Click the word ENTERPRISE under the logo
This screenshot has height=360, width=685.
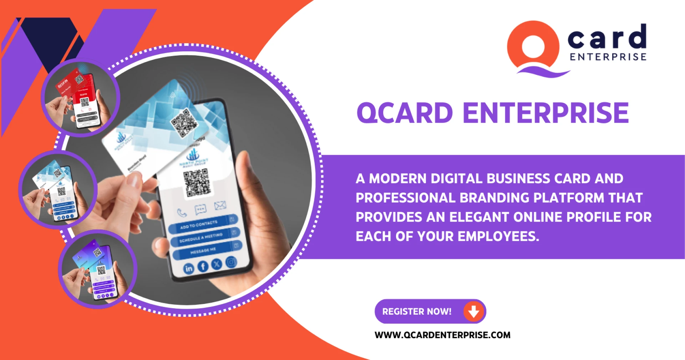tap(608, 57)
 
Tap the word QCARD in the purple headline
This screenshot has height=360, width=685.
tap(405, 113)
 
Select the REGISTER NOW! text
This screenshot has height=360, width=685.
tap(417, 311)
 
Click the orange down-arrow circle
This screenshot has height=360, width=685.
tap(473, 311)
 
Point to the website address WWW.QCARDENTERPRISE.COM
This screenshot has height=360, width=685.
tap(442, 335)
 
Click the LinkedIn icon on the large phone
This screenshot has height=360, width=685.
tap(189, 269)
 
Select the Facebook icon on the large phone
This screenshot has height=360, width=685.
tap(203, 266)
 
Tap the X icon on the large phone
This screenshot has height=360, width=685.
tap(217, 264)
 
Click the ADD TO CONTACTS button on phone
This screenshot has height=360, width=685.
tap(202, 224)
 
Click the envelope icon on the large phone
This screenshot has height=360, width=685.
tap(220, 206)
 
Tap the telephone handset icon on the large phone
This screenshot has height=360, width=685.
tap(182, 213)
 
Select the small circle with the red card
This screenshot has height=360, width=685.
tap(81, 97)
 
